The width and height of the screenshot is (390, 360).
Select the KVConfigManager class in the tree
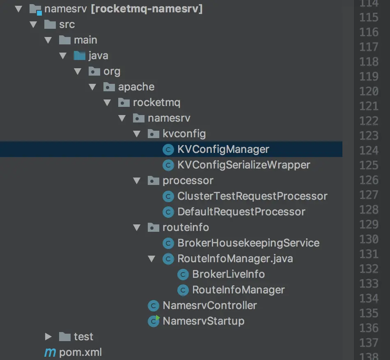[223, 149]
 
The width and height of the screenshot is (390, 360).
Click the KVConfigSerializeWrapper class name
[243, 165]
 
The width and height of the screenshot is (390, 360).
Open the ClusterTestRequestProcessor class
[252, 196]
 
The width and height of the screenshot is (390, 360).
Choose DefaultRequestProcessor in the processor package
[241, 212]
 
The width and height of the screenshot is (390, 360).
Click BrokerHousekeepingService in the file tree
[248, 243]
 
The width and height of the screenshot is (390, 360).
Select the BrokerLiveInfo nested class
[228, 274]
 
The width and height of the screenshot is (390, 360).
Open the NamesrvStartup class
[203, 321]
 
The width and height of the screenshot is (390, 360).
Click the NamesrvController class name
[209, 305]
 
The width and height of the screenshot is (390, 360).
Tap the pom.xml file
[80, 352]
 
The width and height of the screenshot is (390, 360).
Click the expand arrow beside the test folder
[48, 337]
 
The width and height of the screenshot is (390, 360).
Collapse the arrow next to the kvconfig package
[137, 134]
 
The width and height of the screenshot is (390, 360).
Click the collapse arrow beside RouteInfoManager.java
[152, 258]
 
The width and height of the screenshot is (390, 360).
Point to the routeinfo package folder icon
[153, 227]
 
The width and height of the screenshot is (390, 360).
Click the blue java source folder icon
[79, 55]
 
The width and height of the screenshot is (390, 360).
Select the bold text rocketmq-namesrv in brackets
[147, 9]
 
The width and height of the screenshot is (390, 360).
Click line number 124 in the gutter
[368, 150]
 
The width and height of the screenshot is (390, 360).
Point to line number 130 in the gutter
[368, 239]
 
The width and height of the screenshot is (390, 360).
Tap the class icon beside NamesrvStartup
[153, 321]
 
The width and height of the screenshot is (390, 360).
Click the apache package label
[136, 87]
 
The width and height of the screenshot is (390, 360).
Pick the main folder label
[85, 40]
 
